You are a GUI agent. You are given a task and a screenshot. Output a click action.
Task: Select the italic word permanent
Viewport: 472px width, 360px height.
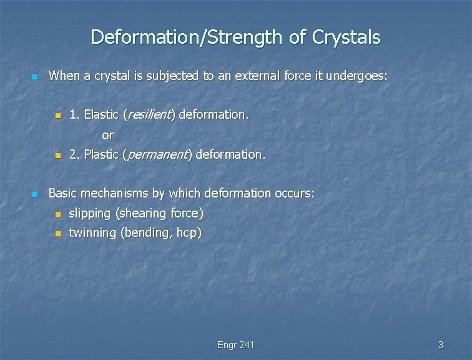[160, 154]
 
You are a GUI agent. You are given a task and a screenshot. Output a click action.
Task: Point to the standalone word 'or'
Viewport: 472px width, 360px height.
[108, 134]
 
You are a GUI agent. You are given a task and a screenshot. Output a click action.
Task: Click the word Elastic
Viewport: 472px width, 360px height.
[102, 114]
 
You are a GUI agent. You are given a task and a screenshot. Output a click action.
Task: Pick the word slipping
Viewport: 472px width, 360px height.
[89, 214]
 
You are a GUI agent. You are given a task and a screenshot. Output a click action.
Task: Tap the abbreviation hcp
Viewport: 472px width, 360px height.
[186, 234]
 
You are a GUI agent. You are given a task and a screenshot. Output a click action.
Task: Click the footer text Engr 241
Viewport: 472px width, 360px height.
[236, 344]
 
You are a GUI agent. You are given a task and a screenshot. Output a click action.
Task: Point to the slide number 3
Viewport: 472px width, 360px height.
[440, 344]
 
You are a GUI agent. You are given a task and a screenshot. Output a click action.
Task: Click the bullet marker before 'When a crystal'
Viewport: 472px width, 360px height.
[34, 77]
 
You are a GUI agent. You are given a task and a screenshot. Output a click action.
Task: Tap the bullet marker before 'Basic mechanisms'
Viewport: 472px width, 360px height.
[34, 194]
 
